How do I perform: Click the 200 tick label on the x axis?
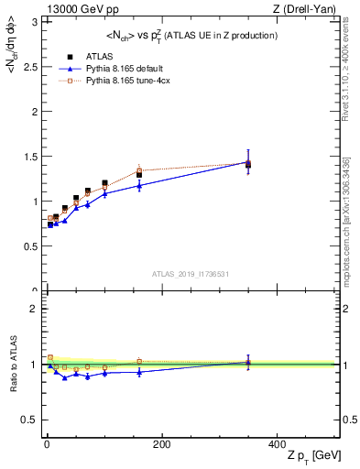[162, 444]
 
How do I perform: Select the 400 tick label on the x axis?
[277, 444]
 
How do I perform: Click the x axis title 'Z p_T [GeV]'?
[300, 457]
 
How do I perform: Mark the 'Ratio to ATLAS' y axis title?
[12, 364]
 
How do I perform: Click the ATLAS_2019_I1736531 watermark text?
[191, 274]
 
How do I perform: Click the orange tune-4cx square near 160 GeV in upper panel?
[139, 170]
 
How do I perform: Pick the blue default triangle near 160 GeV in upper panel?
[139, 186]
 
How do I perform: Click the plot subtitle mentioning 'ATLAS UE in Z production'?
[191, 35]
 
